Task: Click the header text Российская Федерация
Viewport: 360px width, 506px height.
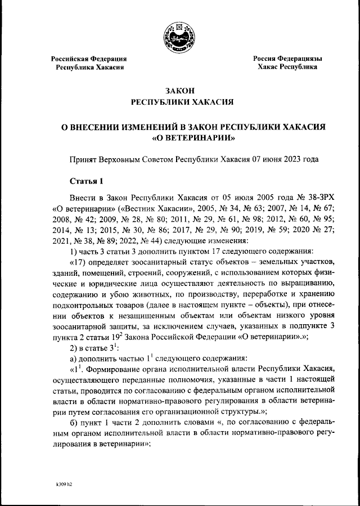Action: (89, 59)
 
